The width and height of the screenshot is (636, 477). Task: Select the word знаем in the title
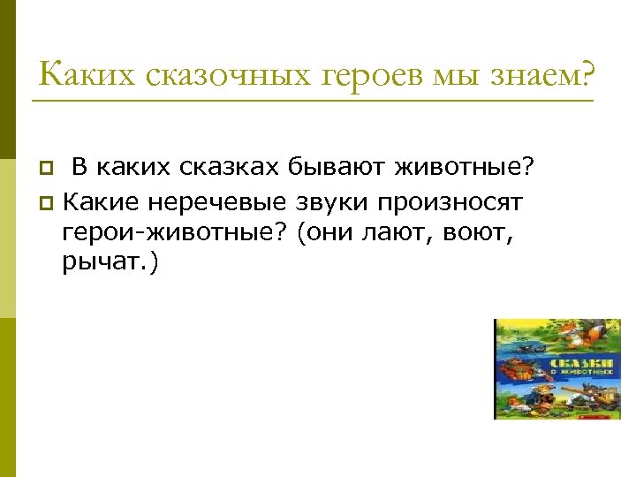coord(545,73)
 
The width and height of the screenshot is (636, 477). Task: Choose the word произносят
coord(451,203)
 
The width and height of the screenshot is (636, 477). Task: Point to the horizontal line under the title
coord(312,100)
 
